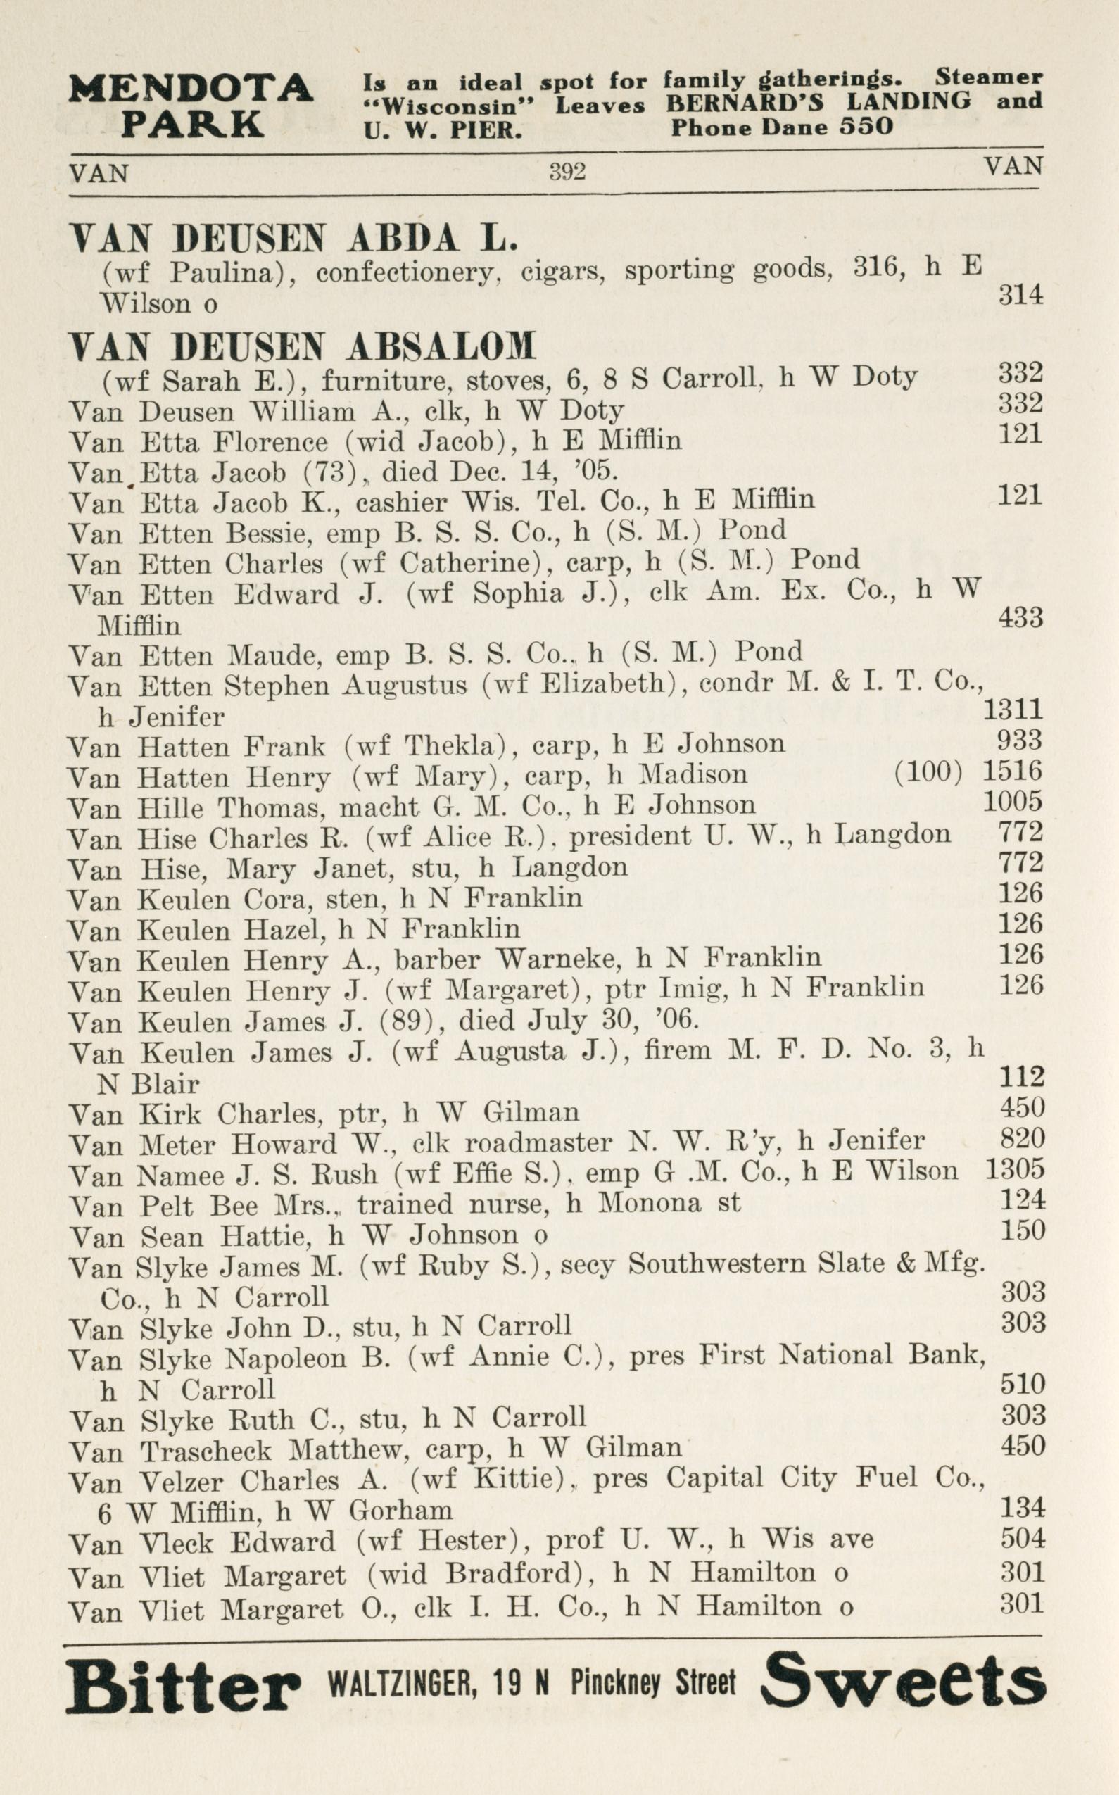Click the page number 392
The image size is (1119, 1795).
567,172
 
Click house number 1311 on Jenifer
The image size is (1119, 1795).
1012,709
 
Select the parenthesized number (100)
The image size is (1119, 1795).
928,772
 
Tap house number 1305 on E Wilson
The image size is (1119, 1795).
1015,1169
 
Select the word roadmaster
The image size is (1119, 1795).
538,1142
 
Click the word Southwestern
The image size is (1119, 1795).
716,1264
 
